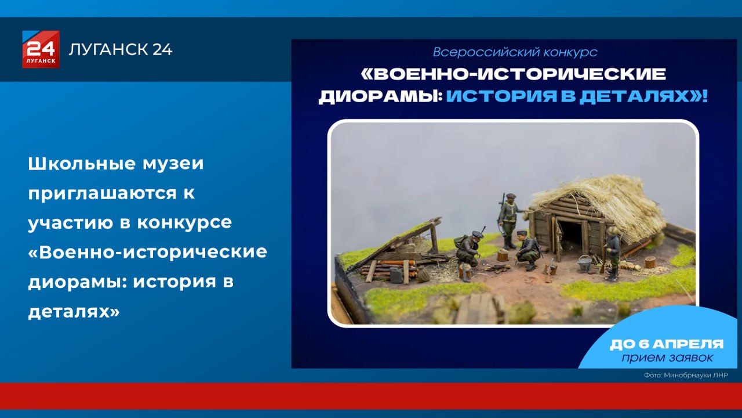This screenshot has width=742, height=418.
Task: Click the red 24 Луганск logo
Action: pyautogui.click(x=41, y=49)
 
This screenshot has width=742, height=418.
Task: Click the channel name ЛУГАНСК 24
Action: pyautogui.click(x=121, y=50)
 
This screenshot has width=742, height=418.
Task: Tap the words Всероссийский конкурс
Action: pyautogui.click(x=515, y=52)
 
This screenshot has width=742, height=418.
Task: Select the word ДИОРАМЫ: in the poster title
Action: pyautogui.click(x=380, y=96)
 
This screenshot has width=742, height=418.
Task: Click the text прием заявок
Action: pyautogui.click(x=667, y=358)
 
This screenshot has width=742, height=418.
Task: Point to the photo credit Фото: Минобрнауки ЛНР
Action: pyautogui.click(x=686, y=376)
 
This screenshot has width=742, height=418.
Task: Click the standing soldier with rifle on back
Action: pyautogui.click(x=508, y=219)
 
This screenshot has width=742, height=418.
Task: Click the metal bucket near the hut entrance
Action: pyautogui.click(x=585, y=264)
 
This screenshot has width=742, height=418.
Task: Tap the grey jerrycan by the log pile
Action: pyautogui.click(x=396, y=275)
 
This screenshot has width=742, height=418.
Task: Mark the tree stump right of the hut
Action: pyautogui.click(x=650, y=262)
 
